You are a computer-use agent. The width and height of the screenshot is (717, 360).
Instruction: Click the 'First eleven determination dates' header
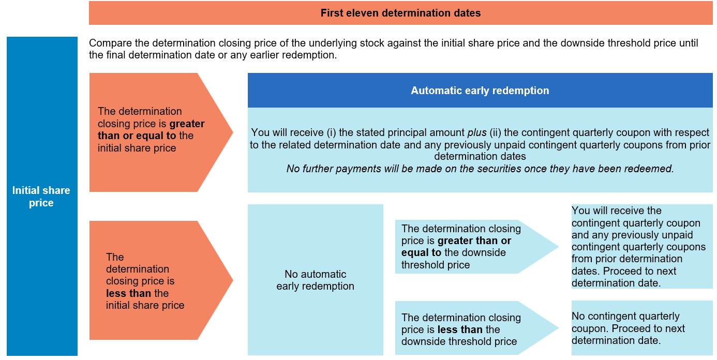pos(400,13)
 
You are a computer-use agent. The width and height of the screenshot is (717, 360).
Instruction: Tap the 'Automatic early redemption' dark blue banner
pos(480,90)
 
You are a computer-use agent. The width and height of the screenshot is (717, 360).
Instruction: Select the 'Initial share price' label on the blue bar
pos(41,197)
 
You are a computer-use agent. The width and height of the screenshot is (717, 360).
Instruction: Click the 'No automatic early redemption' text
pos(315,280)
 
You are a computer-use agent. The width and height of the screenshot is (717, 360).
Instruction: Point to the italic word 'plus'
pos(477,132)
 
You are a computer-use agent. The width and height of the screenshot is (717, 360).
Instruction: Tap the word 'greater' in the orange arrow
pos(187,124)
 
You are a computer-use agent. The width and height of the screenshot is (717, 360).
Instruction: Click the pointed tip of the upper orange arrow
pos(233,132)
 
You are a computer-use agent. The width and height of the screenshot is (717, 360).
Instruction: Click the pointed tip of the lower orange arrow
pos(233,280)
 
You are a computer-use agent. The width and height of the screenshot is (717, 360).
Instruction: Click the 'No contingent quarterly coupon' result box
pos(642,328)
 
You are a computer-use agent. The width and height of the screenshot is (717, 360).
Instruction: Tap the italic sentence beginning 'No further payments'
pos(480,169)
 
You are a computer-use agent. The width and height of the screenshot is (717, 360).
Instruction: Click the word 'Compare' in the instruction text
pos(110,43)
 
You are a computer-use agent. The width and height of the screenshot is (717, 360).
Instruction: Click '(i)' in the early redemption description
pos(331,132)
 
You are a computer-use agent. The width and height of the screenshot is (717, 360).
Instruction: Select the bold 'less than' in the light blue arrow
pos(460,329)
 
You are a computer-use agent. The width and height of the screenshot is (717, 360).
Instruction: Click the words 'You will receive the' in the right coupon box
pos(617,211)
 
